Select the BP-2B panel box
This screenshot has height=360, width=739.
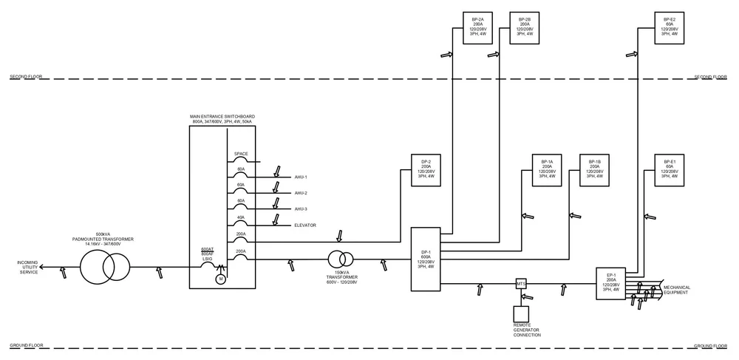[524, 28]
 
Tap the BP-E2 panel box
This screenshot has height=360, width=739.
[670, 28]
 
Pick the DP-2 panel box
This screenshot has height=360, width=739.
[426, 171]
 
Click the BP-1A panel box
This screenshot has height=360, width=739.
[547, 171]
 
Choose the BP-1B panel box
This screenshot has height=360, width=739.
[594, 171]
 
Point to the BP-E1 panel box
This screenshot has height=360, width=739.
[670, 171]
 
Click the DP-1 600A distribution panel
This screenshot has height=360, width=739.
[426, 259]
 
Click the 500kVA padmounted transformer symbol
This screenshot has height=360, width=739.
[103, 265]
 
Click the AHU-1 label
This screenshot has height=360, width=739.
[301, 177]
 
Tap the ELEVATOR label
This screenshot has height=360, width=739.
[305, 225]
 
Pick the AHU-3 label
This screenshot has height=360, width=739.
[301, 209]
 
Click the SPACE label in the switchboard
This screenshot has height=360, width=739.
[241, 154]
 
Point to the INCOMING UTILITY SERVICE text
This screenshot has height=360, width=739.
[29, 267]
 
